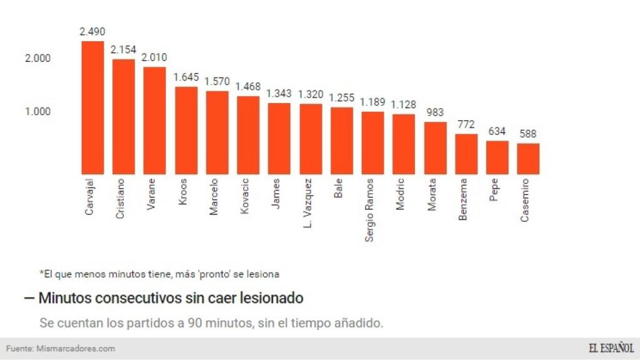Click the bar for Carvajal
point(92,107)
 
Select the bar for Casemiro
point(528,159)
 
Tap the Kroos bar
point(186,130)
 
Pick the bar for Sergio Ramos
point(372,142)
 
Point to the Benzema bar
point(466,154)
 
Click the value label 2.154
point(123,49)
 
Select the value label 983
point(435,112)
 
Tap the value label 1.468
point(248,86)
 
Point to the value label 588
point(527,134)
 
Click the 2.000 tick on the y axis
point(37,59)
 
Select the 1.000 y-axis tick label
point(37,111)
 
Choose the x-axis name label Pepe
point(494,190)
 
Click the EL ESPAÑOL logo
point(611,348)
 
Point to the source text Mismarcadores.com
point(76,348)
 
